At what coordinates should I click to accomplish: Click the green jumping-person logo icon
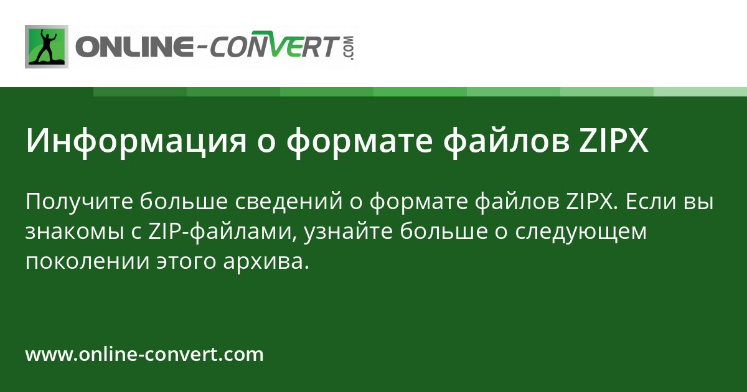pos(47,47)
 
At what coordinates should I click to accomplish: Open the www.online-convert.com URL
pos(144,355)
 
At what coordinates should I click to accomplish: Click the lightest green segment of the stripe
pos(700,91)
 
